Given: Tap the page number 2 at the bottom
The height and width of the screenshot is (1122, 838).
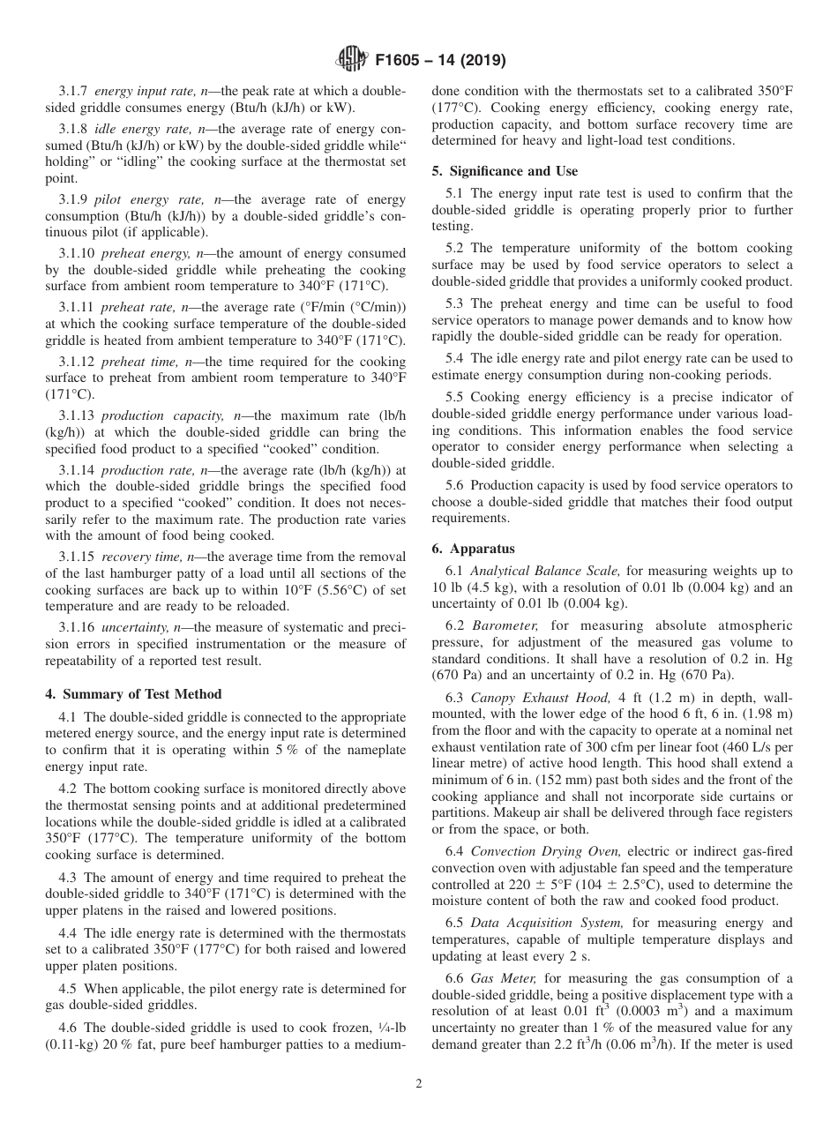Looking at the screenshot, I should pyautogui.click(x=419, y=1084).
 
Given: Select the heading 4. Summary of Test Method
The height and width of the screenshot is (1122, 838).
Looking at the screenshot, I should pyautogui.click(x=133, y=694).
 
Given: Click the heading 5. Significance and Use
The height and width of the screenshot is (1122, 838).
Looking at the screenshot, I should pyautogui.click(x=505, y=170).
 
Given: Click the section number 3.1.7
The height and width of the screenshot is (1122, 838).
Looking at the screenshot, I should pyautogui.click(x=74, y=92).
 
